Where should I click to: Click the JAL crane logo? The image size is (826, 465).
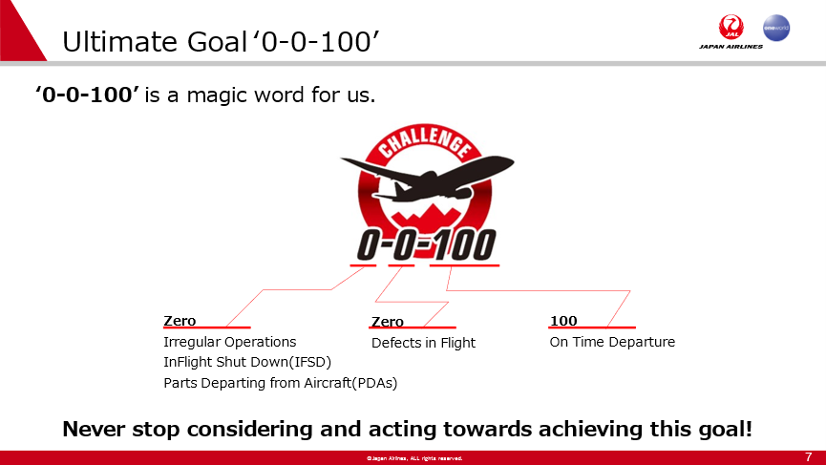[731, 27]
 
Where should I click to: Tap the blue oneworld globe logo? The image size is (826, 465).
[776, 28]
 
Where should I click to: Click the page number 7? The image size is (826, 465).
[809, 456]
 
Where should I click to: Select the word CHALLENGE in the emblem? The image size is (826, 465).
[425, 141]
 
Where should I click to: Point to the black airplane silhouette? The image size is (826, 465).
[427, 178]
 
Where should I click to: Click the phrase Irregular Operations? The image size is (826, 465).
[230, 342]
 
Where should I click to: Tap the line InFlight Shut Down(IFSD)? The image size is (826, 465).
[247, 362]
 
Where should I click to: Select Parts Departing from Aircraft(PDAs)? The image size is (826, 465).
[280, 383]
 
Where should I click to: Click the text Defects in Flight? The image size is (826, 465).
[423, 343]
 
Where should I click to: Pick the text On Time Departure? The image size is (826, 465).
[612, 342]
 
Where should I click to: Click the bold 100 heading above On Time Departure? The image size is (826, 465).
[563, 321]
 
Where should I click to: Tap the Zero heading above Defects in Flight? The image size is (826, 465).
[387, 321]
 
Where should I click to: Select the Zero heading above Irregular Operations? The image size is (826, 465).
[180, 321]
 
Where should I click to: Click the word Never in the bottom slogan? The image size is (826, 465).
[94, 429]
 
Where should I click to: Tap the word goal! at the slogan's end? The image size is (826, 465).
[725, 429]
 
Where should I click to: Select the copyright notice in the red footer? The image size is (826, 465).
[414, 458]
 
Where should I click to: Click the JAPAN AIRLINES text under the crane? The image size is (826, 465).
[731, 47]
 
